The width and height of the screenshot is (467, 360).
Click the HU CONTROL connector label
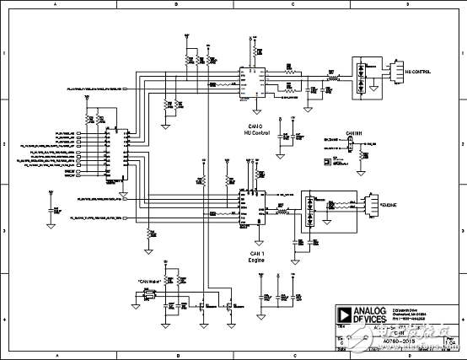coord(419,73)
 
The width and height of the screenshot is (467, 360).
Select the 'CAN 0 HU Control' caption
coord(254,132)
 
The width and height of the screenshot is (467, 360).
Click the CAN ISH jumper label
coord(353,133)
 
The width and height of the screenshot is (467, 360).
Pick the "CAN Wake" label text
coord(150,282)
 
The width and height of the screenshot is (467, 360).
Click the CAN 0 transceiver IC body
coord(251,81)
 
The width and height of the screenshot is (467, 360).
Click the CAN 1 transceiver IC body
coord(251,207)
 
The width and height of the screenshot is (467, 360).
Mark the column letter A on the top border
coord(56,5)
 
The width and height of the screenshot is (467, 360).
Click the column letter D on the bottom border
coord(407,355)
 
